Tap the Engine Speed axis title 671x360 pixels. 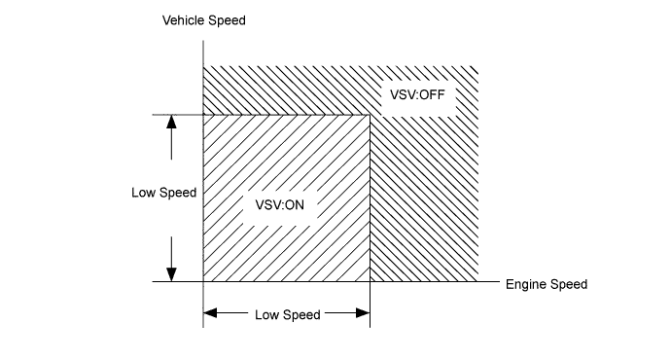[547, 285]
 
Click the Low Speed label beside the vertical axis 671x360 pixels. [163, 193]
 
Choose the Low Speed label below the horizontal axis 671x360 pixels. [287, 315]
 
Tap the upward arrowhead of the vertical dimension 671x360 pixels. [171, 122]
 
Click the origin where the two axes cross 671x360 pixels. [202, 283]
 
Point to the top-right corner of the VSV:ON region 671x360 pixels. [371, 115]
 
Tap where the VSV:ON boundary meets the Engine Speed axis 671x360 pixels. [371, 283]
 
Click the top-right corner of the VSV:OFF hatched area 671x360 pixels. [477, 67]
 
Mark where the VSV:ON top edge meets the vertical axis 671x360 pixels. [202, 115]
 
